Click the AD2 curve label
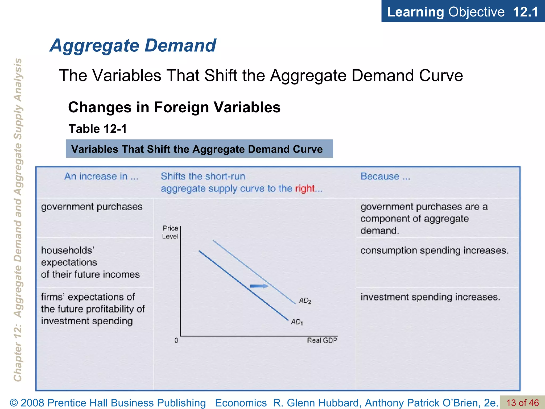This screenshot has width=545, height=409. [x=305, y=301]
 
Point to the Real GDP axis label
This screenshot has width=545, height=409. [x=322, y=340]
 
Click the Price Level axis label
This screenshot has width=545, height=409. [x=170, y=232]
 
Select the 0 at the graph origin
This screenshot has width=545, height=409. [x=176, y=340]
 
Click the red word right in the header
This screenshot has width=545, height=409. [x=305, y=189]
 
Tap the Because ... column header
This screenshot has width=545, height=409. [x=385, y=176]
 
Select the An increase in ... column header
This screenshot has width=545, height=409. [x=101, y=176]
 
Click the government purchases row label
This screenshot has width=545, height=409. [x=92, y=207]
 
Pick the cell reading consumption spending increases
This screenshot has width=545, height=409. [x=434, y=251]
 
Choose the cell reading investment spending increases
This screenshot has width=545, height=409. [x=430, y=297]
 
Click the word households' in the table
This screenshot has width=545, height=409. [x=68, y=251]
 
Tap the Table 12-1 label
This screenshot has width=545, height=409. [x=98, y=129]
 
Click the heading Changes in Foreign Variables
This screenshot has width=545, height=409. [x=174, y=107]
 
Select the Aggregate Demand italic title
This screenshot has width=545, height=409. [x=133, y=45]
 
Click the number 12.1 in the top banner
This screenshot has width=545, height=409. [x=525, y=12]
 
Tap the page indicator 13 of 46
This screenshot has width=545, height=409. [x=522, y=403]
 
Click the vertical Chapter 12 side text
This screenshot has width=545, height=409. [x=18, y=220]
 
